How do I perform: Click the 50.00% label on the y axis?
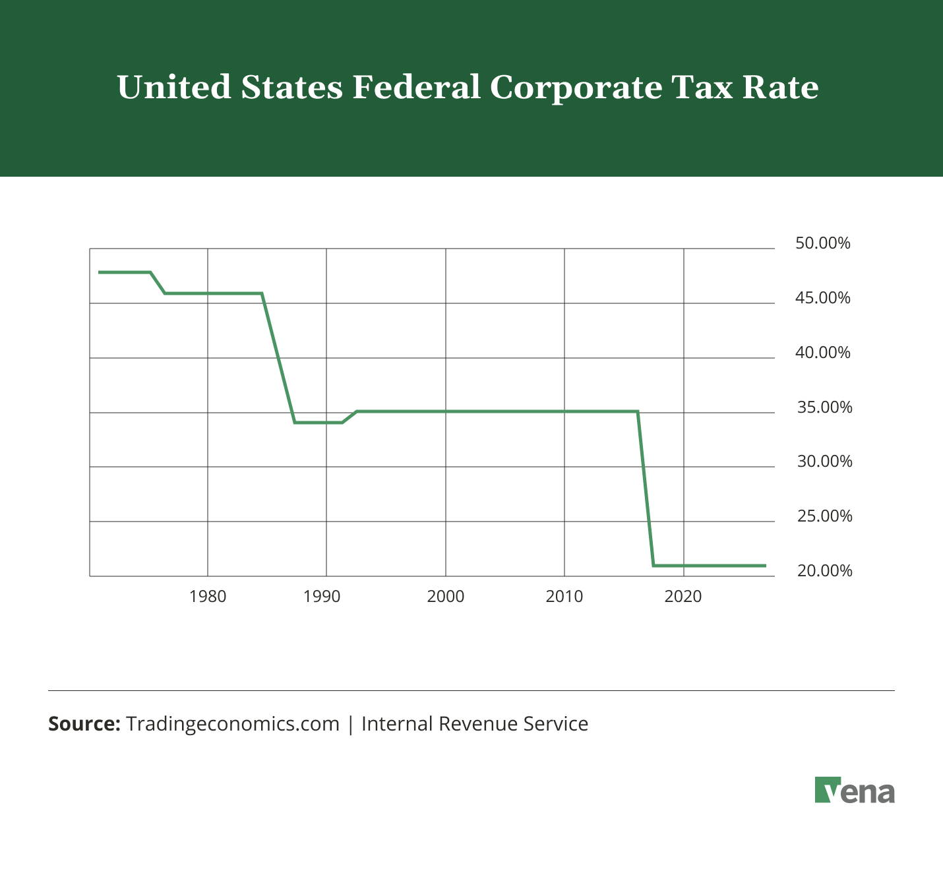823,243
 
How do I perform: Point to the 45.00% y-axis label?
823,298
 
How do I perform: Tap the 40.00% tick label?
823,353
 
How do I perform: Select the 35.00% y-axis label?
824,407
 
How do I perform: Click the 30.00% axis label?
824,462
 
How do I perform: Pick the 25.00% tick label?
824,516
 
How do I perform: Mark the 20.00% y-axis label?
824,571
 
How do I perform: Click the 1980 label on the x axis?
208,597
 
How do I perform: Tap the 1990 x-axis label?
322,597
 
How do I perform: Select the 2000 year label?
446,597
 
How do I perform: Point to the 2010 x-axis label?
564,597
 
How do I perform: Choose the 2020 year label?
683,597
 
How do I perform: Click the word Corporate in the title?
575,88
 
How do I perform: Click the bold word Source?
84,724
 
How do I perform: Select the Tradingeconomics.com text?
232,724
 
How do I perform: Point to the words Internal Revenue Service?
475,724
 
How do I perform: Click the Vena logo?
855,791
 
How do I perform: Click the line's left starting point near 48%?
100,272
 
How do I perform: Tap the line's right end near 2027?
764,566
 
